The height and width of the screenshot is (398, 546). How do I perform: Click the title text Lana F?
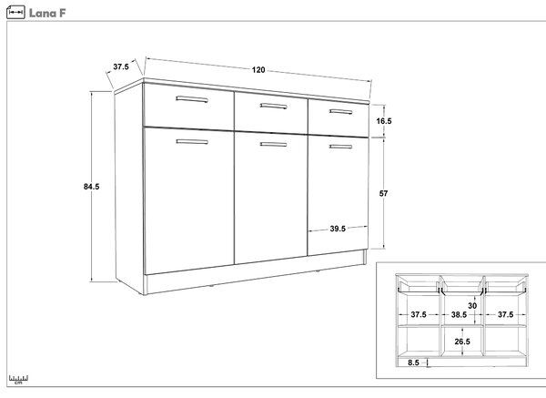click(47, 14)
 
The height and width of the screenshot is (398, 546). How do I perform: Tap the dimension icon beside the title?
click(15, 12)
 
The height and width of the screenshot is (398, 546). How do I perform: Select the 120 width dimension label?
click(258, 70)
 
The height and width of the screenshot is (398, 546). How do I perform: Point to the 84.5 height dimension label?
click(91, 187)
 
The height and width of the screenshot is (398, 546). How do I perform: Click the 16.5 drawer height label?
click(384, 121)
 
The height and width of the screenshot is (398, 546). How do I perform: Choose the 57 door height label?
click(383, 193)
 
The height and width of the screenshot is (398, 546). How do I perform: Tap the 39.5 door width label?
click(338, 229)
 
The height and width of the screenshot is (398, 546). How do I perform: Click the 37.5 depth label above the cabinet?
click(121, 66)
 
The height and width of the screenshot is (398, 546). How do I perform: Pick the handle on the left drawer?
click(192, 99)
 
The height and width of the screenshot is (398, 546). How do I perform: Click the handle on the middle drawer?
click(273, 106)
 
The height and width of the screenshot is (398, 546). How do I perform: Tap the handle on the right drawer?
click(340, 111)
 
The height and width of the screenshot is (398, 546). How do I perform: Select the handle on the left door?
click(192, 141)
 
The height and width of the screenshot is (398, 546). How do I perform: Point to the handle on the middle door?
click(273, 144)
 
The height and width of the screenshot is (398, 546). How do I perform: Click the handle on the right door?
click(340, 147)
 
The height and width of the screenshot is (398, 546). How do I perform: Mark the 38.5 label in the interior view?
click(459, 315)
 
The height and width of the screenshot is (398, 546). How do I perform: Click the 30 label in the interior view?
click(472, 306)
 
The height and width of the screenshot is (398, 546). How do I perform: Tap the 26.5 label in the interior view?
click(462, 342)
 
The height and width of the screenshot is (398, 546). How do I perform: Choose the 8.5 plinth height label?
click(413, 362)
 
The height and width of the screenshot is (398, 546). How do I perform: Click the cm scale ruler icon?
click(18, 380)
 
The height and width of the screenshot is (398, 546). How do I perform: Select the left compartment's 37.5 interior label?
click(419, 315)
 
